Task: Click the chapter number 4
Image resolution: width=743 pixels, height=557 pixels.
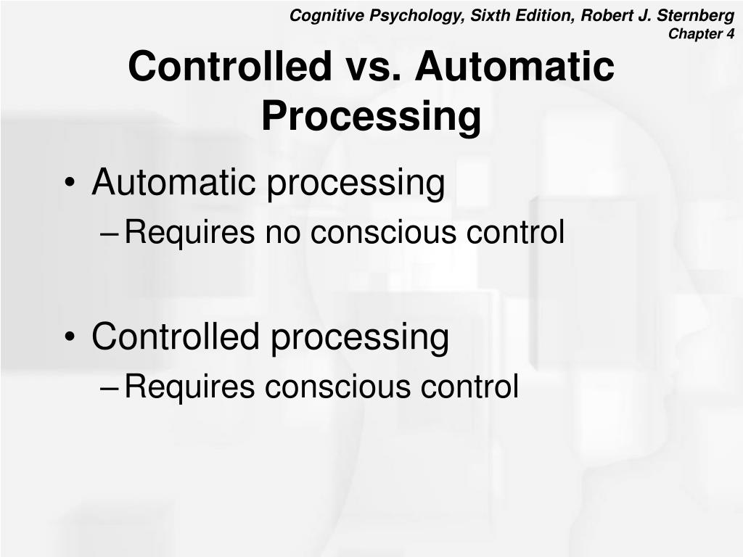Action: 730,33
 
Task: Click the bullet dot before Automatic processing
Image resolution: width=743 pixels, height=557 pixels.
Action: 70,184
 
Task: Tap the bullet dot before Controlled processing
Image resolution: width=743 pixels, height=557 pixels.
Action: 70,338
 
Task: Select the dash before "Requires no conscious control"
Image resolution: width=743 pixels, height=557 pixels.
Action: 110,234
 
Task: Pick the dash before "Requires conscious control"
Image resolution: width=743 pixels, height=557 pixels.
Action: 110,387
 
